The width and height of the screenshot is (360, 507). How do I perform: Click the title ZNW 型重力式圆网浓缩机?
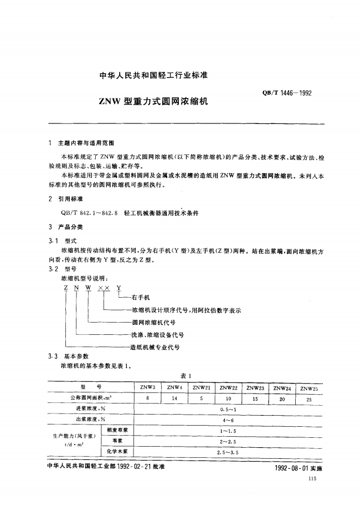pyautogui.click(x=153, y=102)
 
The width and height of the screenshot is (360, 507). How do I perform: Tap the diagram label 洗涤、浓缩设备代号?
pyautogui.click(x=157, y=334)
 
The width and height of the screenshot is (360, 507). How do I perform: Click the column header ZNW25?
pyautogui.click(x=309, y=387)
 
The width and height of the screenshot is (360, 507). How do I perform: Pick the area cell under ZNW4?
pyautogui.click(x=174, y=398)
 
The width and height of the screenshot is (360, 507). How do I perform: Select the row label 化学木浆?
pyautogui.click(x=117, y=452)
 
